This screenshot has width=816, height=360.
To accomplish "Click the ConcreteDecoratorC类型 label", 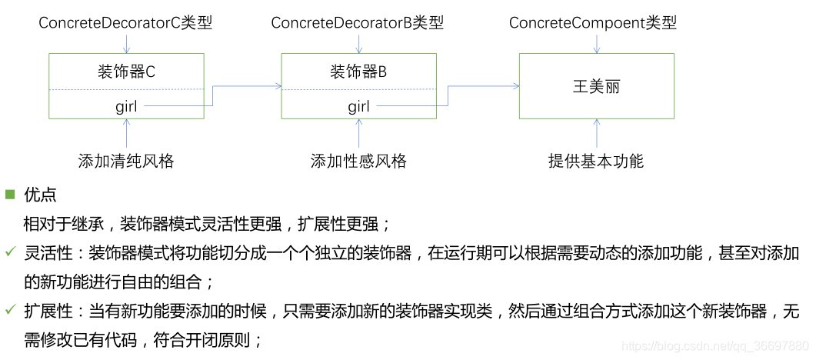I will (125, 22).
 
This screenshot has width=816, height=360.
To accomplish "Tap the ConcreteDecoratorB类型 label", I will (358, 22).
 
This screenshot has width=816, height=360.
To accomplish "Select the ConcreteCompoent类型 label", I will (593, 22).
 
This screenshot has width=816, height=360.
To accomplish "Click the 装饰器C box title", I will (126, 72).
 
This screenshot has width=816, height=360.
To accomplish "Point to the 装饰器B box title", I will (358, 72).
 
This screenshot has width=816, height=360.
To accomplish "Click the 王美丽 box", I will (597, 85).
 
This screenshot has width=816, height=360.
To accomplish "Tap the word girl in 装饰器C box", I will (126, 106).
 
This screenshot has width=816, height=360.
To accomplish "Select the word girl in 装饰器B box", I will (358, 106).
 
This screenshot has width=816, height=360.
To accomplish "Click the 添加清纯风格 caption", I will (126, 162).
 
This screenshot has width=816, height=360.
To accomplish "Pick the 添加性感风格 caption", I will (358, 162).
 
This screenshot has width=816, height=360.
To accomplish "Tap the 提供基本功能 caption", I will (596, 162).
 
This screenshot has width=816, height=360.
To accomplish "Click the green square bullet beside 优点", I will (10, 195).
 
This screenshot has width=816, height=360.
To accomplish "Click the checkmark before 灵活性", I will (10, 252).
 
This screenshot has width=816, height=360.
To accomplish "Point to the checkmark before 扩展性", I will (10, 310).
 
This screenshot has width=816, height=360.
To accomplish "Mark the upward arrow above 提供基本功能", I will (597, 133).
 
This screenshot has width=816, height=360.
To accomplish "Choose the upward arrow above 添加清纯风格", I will (126, 133).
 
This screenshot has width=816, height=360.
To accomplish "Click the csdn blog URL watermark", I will (714, 347).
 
